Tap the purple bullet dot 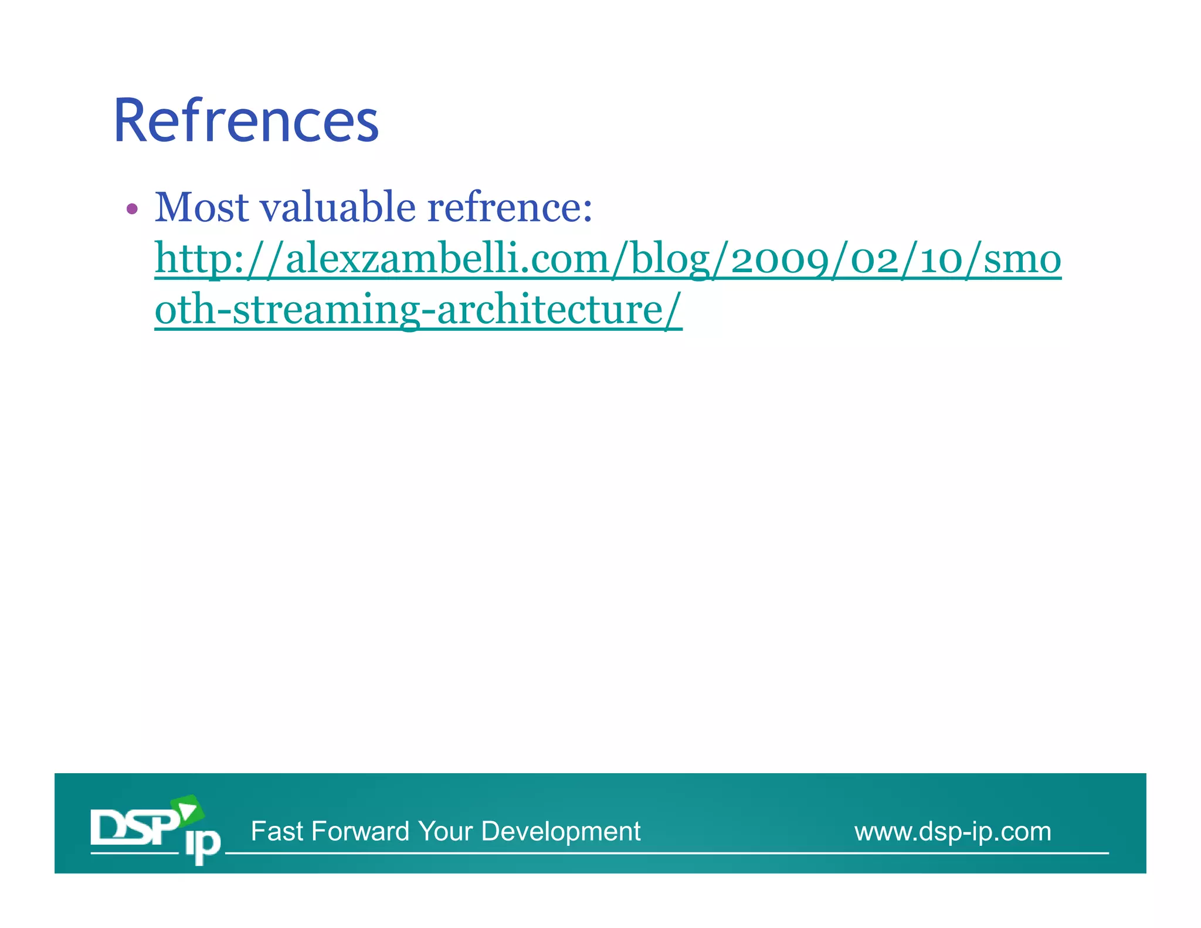[x=132, y=209]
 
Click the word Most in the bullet [x=202, y=208]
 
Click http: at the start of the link [x=199, y=259]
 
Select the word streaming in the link [x=325, y=310]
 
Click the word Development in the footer [x=561, y=831]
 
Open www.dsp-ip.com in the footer [x=952, y=831]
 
